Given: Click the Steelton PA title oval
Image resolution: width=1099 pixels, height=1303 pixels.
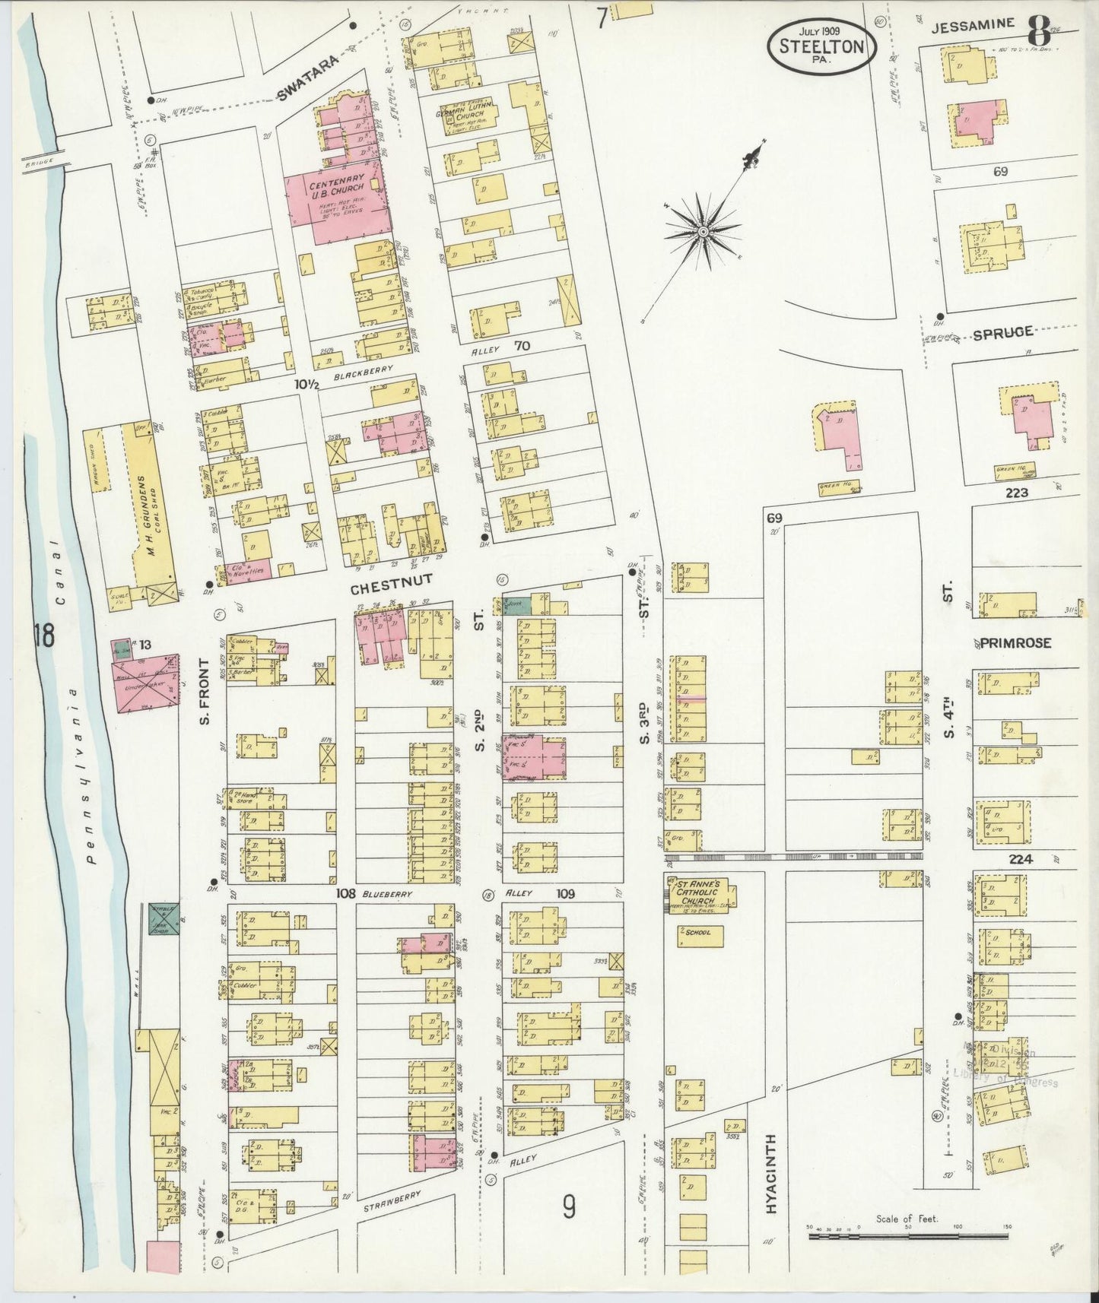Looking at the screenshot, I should point(821,46).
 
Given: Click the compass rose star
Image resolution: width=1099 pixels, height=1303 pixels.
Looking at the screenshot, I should point(704,230).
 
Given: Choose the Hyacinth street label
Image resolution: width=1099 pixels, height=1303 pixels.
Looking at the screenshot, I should point(771,1184).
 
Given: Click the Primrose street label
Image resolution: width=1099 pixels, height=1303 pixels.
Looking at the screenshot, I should point(1015,643).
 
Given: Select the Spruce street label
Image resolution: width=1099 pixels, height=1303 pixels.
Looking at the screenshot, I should point(1002,332).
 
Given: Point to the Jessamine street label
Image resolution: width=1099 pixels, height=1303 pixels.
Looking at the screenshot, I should point(974,24).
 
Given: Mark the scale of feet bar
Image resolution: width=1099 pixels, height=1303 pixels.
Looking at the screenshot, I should point(909,1237).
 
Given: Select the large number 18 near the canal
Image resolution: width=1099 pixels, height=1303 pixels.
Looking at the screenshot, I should point(43,636).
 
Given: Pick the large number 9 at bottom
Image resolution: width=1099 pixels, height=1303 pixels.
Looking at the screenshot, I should point(569,1206).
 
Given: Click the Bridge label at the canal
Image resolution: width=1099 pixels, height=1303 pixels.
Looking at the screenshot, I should point(36,163).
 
